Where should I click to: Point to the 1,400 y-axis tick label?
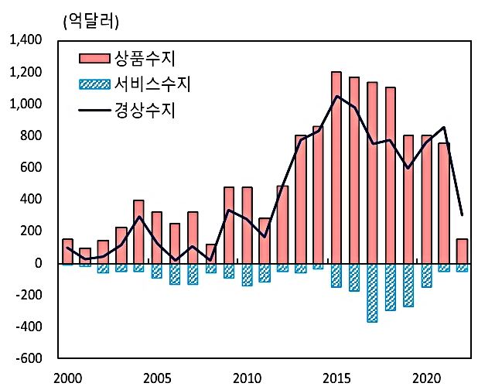pos(26,40)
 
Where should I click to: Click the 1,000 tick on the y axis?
pos(26,104)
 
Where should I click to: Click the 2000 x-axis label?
pos(68,379)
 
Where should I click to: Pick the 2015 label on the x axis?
pos(336,379)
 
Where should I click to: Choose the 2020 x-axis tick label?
pos(426,379)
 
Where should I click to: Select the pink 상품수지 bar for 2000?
pos(68,251)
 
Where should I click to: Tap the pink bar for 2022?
pos(462,251)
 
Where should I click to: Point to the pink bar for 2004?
pos(139,231)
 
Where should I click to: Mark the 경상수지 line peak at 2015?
pos(336,96)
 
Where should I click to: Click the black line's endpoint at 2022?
pos(462,215)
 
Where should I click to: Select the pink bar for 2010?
pos(247,224)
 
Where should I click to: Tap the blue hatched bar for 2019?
pos(408,285)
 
